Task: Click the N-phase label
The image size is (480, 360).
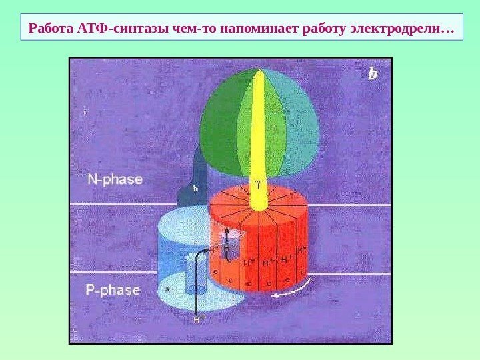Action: [115, 179]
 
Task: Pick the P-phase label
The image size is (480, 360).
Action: [114, 291]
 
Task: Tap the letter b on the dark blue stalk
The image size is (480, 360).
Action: [195, 188]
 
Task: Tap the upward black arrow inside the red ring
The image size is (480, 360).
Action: [227, 239]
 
